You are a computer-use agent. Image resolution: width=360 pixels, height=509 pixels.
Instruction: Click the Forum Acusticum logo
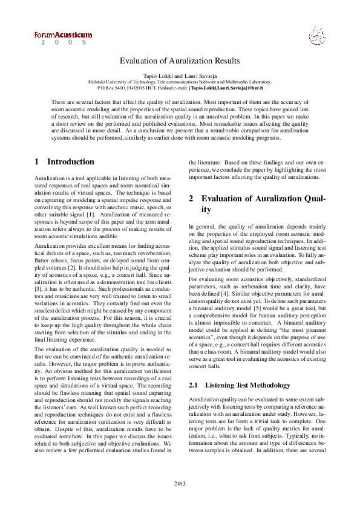[63, 35]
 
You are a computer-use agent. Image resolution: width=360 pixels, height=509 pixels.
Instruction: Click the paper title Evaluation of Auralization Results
[180, 60]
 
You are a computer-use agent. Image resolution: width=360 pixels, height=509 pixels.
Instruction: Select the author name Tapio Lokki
[156, 74]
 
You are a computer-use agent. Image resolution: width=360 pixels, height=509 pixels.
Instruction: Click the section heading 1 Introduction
[64, 162]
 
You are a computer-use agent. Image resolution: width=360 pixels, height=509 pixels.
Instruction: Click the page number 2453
[180, 484]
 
